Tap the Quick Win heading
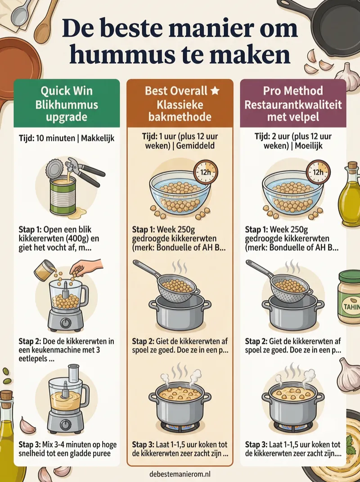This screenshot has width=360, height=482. coord(67,90)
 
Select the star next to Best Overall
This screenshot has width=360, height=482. coord(215,90)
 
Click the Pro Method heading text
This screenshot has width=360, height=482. coord(293,90)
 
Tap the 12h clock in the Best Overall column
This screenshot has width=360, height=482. coord(205,171)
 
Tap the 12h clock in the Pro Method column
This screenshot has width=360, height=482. coord(319,171)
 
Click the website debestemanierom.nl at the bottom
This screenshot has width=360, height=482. coord(180,474)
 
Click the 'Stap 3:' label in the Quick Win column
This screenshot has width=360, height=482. coord(30,445)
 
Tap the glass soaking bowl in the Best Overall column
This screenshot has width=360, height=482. coord(180,192)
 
